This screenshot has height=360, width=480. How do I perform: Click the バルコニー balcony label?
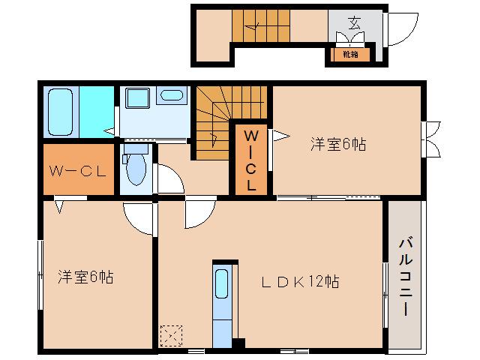[x=406, y=276]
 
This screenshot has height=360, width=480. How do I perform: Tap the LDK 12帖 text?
[x=299, y=282]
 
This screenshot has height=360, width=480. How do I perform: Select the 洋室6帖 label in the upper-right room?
[x=338, y=145]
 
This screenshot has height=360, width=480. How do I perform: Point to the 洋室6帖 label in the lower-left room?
[x=85, y=277]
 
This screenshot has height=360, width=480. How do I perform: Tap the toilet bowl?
[x=136, y=169]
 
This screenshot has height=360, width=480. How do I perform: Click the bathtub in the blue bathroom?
[x=61, y=112]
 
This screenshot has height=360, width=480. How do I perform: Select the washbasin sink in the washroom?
[x=172, y=96]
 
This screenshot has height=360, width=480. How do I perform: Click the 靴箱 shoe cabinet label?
[x=349, y=55]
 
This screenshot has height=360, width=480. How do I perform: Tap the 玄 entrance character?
[x=353, y=22]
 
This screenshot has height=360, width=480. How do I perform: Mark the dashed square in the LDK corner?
[x=172, y=334]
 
